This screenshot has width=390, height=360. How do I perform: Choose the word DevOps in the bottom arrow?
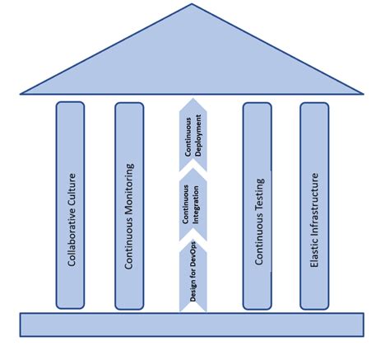[194, 262]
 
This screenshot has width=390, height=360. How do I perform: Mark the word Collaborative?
[75, 235]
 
